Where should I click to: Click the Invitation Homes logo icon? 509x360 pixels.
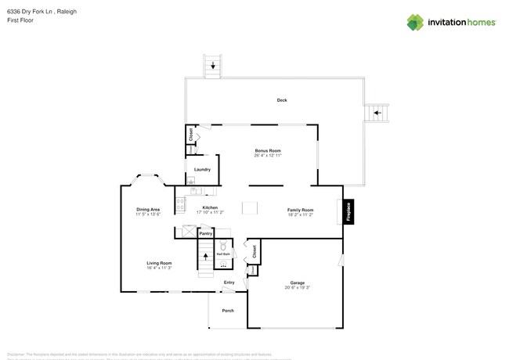point(415,22)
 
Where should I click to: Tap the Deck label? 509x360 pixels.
point(282,100)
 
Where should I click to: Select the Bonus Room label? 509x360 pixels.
point(268,150)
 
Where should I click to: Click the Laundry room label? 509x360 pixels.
point(202,169)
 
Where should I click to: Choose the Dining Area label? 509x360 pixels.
point(147,209)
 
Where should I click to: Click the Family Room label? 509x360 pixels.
point(300,210)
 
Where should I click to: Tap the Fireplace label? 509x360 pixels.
point(349,211)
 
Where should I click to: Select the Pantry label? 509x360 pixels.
point(206,233)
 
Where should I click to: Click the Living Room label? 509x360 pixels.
point(159,263)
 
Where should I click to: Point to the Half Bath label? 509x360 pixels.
point(223,254)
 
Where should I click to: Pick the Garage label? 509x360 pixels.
point(298,283)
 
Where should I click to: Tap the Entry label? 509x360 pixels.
point(229,283)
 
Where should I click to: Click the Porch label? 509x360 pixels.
point(228,311)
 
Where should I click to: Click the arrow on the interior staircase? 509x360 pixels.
point(206,256)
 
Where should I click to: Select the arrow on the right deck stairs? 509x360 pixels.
point(377,113)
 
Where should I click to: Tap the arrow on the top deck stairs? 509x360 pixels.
point(212,67)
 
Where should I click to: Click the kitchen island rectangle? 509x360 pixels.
point(250,207)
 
